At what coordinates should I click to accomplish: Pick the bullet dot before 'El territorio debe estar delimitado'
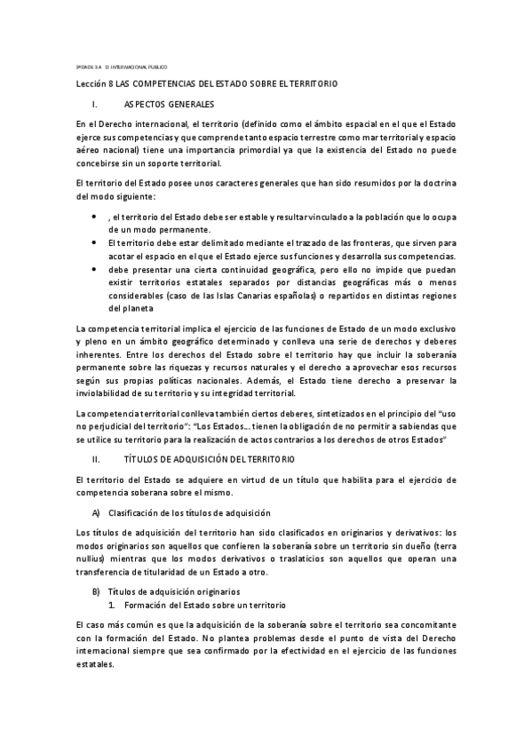pyautogui.click(x=95, y=242)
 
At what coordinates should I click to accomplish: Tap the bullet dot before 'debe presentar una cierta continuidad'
pyautogui.click(x=95, y=267)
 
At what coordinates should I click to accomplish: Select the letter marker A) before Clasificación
pyautogui.click(x=96, y=513)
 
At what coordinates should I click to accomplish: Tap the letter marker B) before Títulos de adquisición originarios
pyautogui.click(x=96, y=591)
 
